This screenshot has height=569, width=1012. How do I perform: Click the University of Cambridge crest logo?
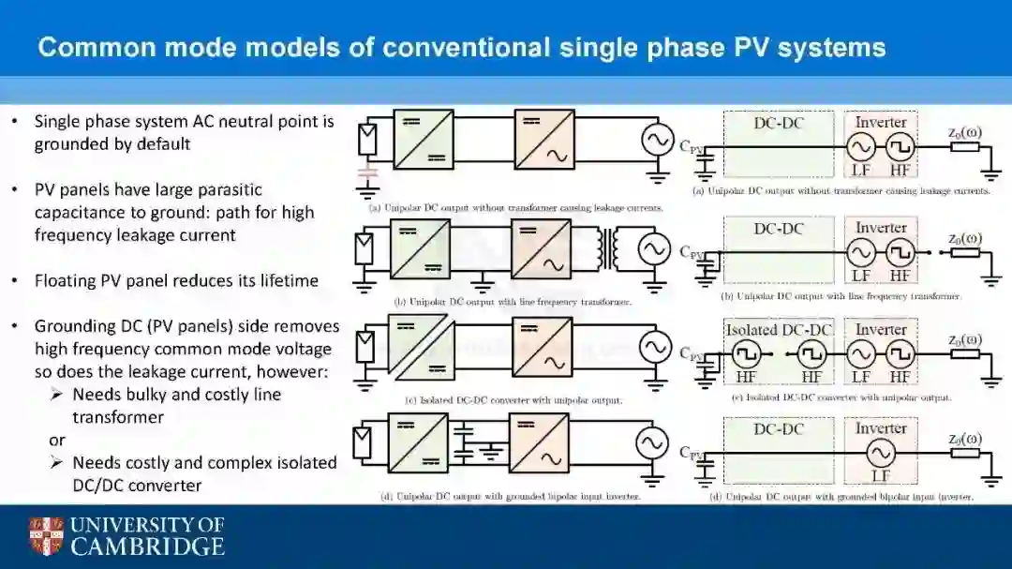[46, 535]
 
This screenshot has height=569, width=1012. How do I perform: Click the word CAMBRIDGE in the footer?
[147, 547]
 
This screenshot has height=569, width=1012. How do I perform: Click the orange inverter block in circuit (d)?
[542, 442]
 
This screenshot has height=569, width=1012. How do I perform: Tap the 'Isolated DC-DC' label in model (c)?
[779, 330]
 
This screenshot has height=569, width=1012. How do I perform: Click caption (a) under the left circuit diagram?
[515, 206]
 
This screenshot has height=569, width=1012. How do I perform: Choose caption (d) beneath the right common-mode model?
[841, 496]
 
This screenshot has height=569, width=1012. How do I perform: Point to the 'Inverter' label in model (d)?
[881, 428]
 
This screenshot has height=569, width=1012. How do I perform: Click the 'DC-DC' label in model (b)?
[779, 228]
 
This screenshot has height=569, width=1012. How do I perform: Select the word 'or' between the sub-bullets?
[57, 440]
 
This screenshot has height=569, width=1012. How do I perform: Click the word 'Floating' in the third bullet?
[66, 281]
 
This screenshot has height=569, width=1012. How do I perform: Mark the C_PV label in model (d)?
[691, 453]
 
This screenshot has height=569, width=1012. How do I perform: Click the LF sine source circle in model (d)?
[880, 453]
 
